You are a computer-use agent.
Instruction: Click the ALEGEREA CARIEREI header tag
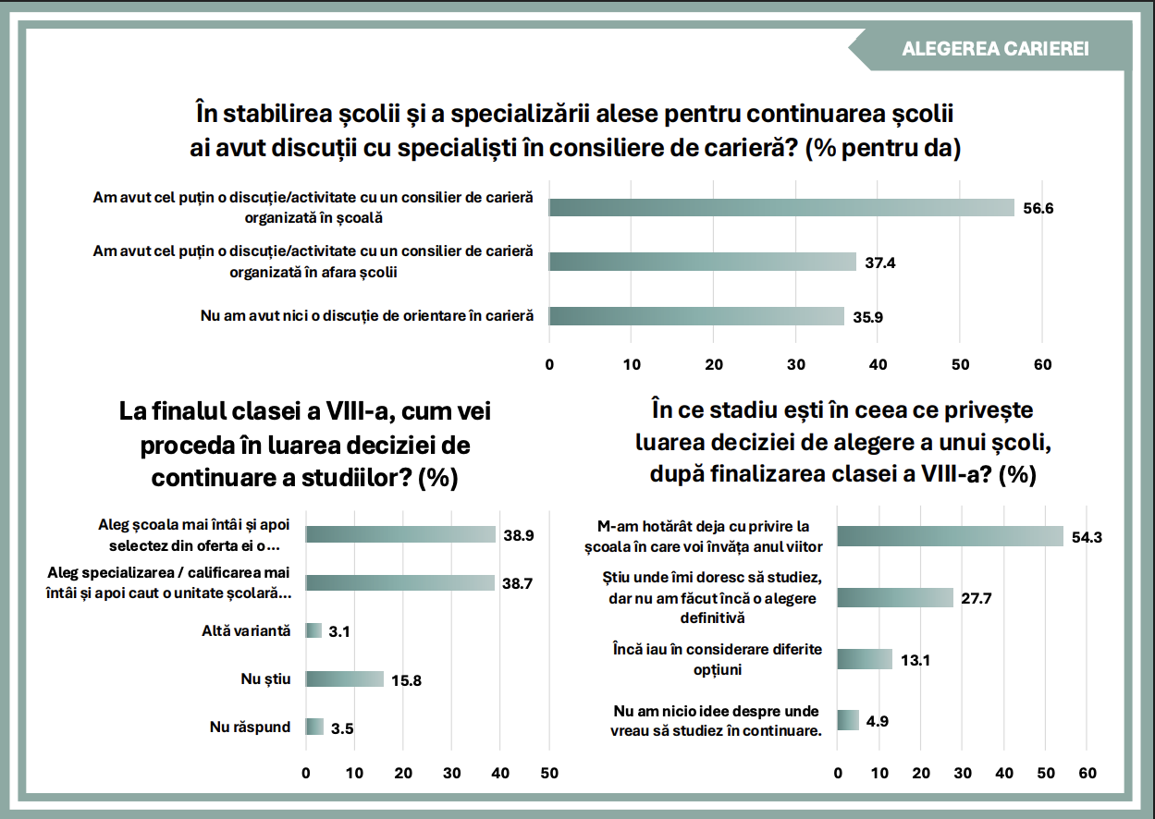[x=994, y=49]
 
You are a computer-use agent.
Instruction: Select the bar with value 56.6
[x=781, y=208]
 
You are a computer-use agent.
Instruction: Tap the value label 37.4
[x=880, y=263]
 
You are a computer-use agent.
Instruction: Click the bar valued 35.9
[x=696, y=316]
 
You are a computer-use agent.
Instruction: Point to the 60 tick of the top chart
[x=1042, y=363]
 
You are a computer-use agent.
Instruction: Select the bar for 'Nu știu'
[x=345, y=679]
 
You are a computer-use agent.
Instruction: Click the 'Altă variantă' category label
[x=246, y=631]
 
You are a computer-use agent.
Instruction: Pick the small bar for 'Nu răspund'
[x=314, y=727]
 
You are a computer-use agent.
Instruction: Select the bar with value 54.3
[x=950, y=537]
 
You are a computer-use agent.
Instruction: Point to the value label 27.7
[x=976, y=598]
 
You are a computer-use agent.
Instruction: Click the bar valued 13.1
[x=865, y=659]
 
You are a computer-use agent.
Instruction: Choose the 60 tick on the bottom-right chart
[x=1087, y=772]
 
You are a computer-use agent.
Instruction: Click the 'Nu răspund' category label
[x=250, y=727]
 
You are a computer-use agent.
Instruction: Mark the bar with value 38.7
[x=400, y=583]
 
